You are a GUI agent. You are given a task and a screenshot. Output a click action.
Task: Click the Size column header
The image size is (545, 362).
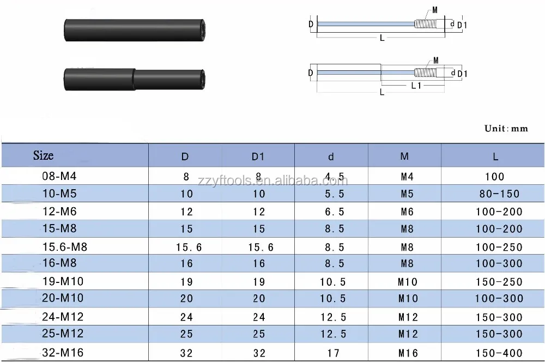[44, 155]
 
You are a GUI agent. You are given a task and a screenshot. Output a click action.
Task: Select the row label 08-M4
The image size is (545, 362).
[59, 176]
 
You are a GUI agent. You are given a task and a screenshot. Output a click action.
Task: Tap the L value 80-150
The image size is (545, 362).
[499, 194]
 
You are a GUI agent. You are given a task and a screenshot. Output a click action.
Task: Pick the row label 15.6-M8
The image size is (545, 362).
[65, 247]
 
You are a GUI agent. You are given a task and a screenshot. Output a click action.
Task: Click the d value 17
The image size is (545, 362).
[333, 353]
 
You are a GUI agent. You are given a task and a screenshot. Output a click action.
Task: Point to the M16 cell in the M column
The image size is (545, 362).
[408, 353]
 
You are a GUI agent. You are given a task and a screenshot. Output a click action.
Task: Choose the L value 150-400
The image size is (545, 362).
[499, 353]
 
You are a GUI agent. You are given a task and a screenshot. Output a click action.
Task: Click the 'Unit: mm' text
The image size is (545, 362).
[506, 128]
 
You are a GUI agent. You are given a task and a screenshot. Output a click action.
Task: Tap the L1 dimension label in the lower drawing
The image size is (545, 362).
[416, 85]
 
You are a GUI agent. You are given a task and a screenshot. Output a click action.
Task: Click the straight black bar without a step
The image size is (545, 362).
[135, 30]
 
